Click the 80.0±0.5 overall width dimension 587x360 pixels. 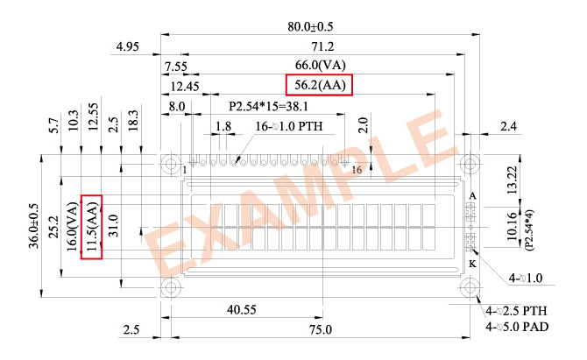(x=310, y=26)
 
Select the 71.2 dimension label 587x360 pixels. (x=322, y=46)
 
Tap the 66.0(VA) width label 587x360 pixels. (x=320, y=65)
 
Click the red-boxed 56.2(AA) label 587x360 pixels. (x=319, y=85)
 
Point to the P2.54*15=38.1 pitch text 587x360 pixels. (x=268, y=106)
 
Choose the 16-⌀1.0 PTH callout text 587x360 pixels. (x=288, y=126)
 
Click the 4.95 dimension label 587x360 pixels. (x=127, y=46)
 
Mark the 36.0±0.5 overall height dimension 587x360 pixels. (x=33, y=226)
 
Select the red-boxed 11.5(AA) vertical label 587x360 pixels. (x=92, y=227)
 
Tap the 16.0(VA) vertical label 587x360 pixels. (x=72, y=227)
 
